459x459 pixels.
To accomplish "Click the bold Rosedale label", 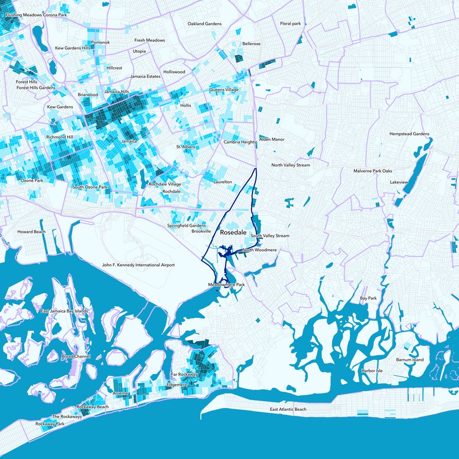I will click(x=234, y=233).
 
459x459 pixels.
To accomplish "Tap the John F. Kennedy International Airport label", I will click(x=138, y=265).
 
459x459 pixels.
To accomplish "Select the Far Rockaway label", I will click(x=184, y=374).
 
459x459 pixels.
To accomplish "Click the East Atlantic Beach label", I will click(x=288, y=409).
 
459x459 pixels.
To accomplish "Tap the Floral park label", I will click(x=290, y=24).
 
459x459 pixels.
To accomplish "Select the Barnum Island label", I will click(x=410, y=360).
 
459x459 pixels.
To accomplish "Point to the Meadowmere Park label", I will click(x=226, y=285).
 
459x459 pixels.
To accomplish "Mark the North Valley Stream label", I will click(x=290, y=165).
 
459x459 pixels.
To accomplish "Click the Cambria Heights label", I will click(x=239, y=142).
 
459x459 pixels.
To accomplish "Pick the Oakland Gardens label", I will click(x=205, y=24).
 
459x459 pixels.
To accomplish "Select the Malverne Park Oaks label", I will click(x=372, y=171).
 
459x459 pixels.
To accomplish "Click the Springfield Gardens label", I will click(x=186, y=225).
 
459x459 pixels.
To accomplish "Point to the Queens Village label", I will click(x=224, y=90).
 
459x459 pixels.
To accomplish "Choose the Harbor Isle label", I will click(x=372, y=371).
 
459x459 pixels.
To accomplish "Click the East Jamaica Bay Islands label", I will click(x=65, y=311).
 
